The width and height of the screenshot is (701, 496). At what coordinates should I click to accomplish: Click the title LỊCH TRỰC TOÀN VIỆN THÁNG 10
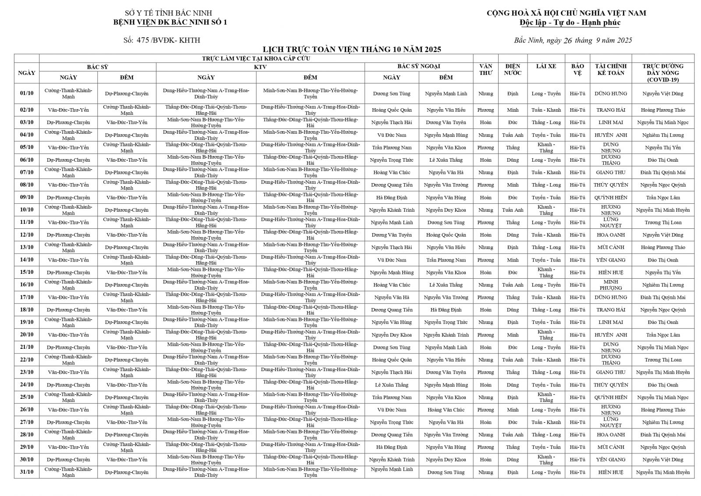(351, 49)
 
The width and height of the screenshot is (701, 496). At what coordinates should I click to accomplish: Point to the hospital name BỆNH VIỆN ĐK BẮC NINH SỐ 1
(170, 22)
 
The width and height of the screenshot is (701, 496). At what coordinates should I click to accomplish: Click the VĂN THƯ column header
(485, 69)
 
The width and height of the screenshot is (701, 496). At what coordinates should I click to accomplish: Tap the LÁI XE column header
(546, 66)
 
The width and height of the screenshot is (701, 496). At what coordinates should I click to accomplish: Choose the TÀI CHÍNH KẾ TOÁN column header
(610, 69)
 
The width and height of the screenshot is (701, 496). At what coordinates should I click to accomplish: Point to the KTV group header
(260, 67)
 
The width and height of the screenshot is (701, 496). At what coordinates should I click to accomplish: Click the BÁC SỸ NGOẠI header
(418, 67)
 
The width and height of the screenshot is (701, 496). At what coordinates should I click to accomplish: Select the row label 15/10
(27, 272)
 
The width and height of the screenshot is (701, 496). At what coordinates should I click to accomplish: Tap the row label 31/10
(27, 472)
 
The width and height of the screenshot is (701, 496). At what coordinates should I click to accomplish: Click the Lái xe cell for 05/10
(546, 147)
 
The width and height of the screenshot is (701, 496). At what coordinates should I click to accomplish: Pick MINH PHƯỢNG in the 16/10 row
(610, 285)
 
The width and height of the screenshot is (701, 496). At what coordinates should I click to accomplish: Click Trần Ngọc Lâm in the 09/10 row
(662, 198)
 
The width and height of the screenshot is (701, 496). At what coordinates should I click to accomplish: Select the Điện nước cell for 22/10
(513, 360)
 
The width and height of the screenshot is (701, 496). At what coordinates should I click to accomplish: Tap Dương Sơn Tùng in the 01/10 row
(392, 93)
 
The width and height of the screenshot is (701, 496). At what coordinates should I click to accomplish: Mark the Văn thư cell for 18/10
(485, 310)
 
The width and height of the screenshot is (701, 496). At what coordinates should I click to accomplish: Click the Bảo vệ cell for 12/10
(577, 235)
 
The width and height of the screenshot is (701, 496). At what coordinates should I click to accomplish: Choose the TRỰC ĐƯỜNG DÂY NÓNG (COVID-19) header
(662, 73)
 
